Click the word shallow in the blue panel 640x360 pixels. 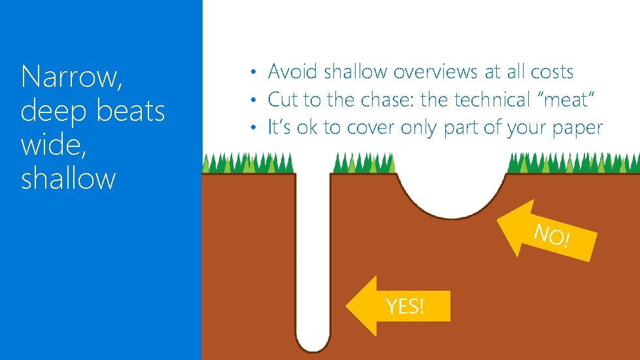point(68,178)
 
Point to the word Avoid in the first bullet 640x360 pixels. point(294,71)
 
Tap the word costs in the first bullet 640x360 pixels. point(550,71)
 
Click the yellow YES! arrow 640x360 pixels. point(399,305)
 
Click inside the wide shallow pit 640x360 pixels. point(451,189)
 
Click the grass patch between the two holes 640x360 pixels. point(363,164)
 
